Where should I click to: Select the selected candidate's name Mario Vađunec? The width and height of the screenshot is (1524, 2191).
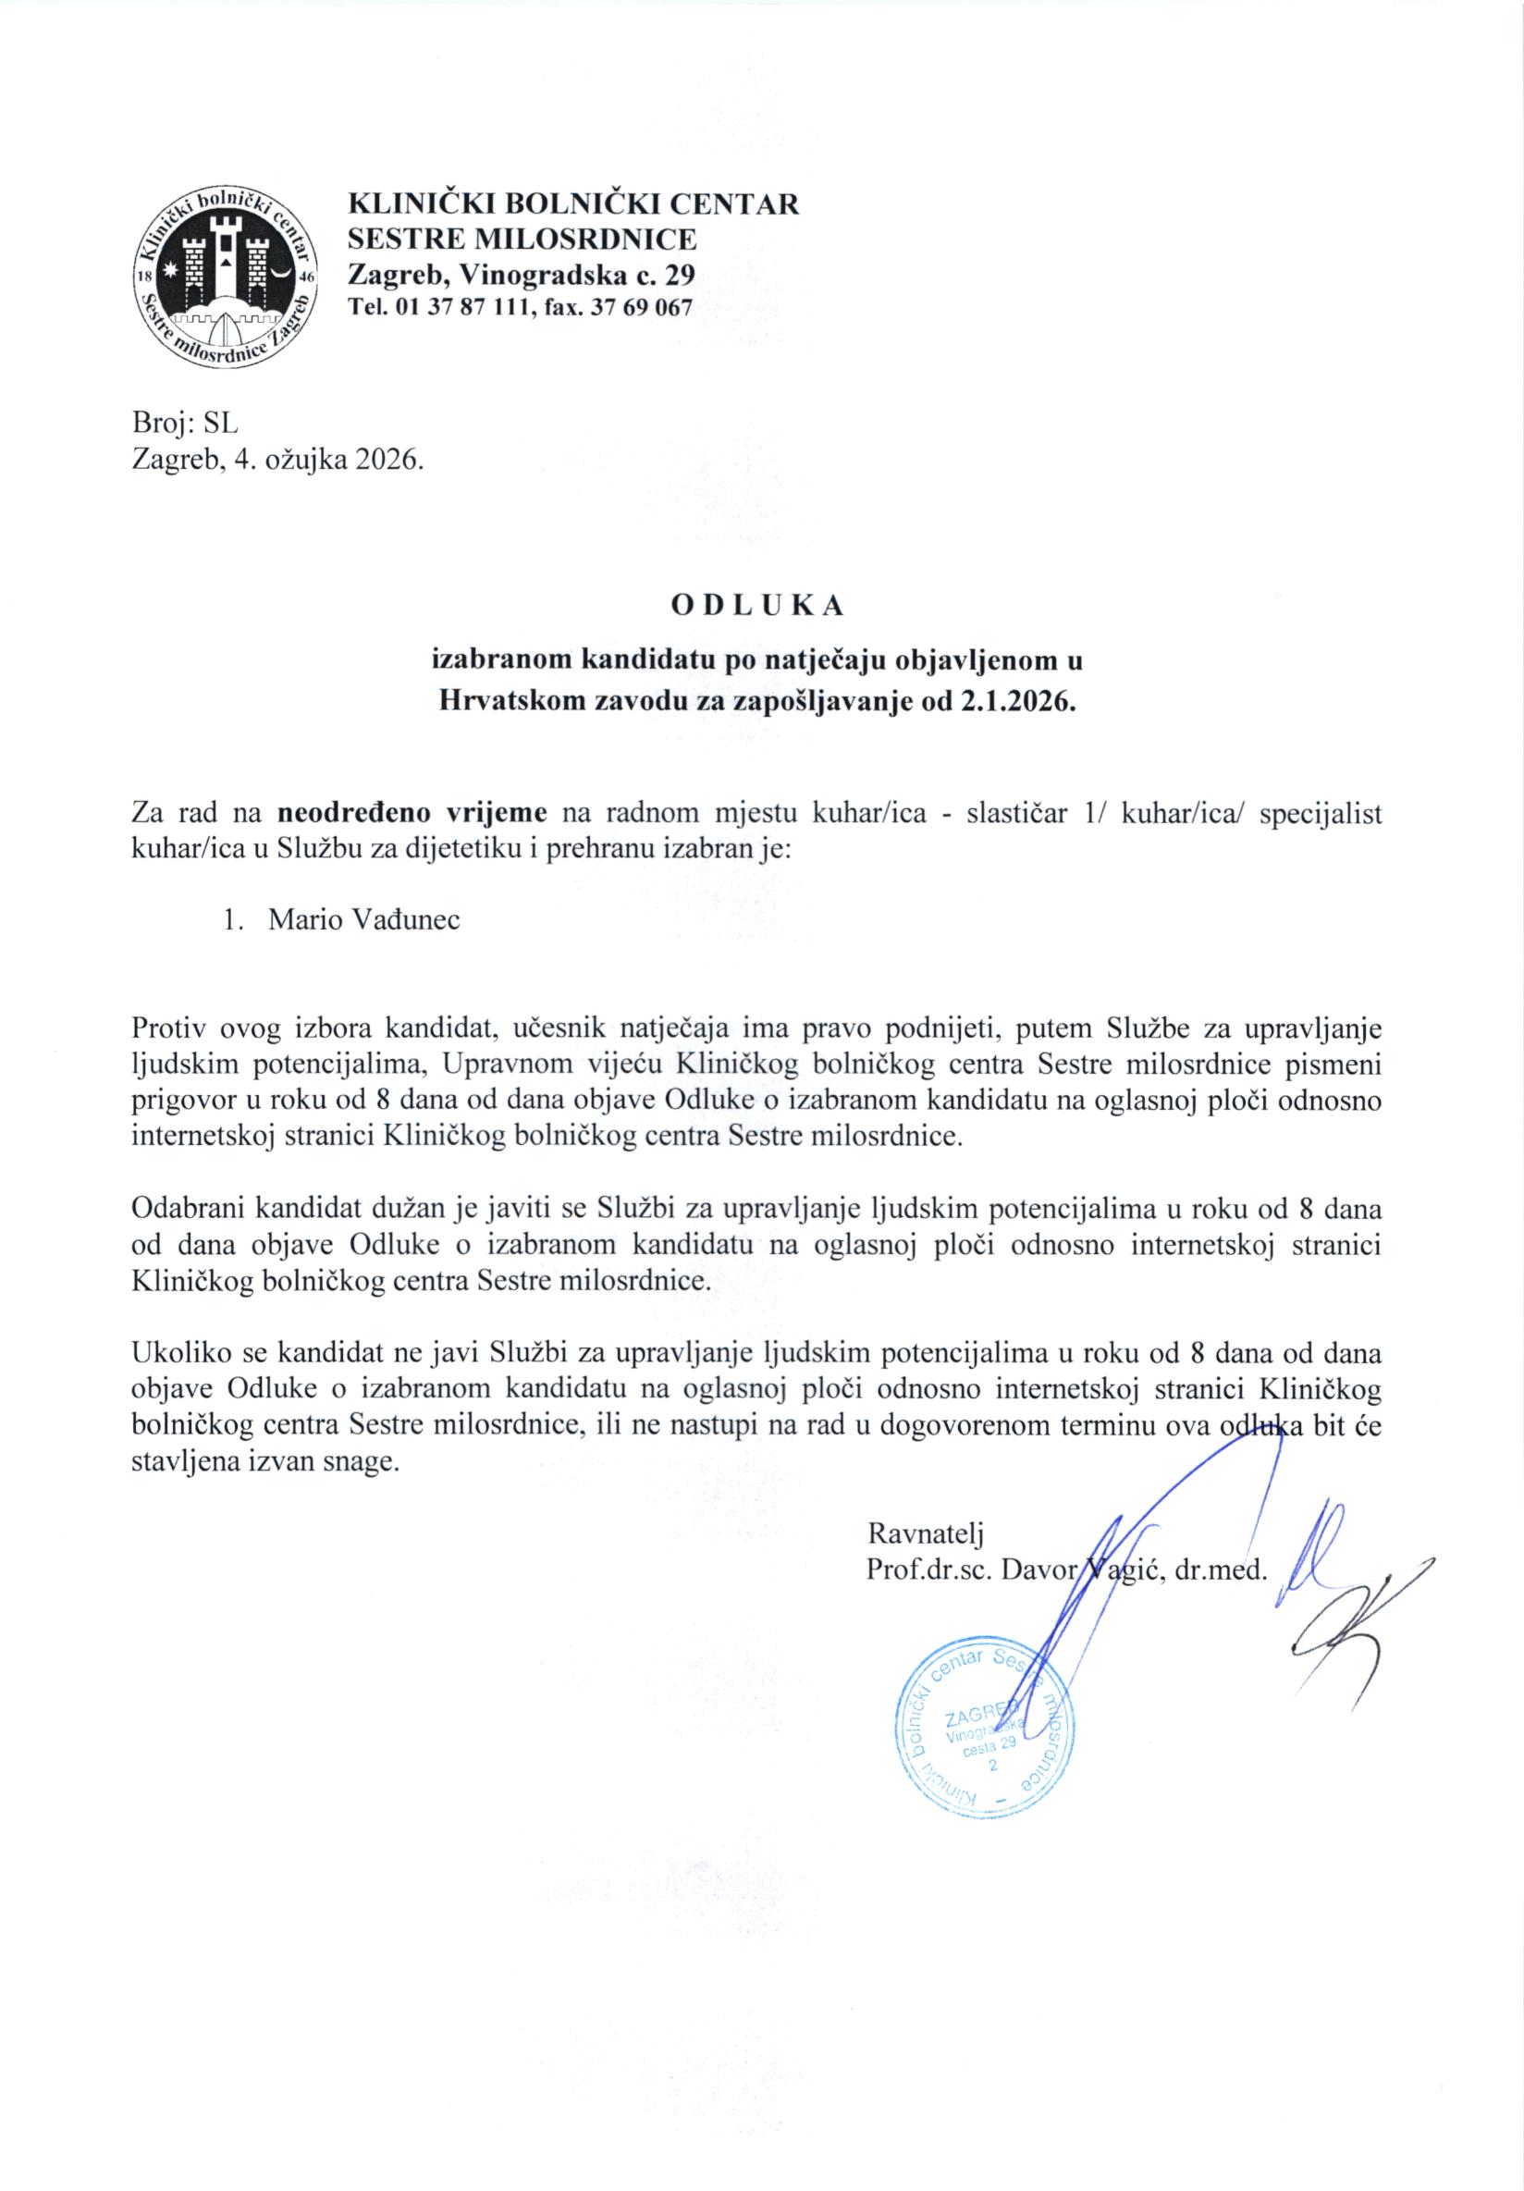364,921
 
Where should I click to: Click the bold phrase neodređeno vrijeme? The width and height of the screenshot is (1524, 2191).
412,814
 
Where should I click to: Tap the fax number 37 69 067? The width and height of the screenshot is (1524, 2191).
642,307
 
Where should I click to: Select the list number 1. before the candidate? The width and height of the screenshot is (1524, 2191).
233,921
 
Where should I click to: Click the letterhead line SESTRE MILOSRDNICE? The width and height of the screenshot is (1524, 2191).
521,239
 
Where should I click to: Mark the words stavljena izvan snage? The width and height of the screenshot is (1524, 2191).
263,1463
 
